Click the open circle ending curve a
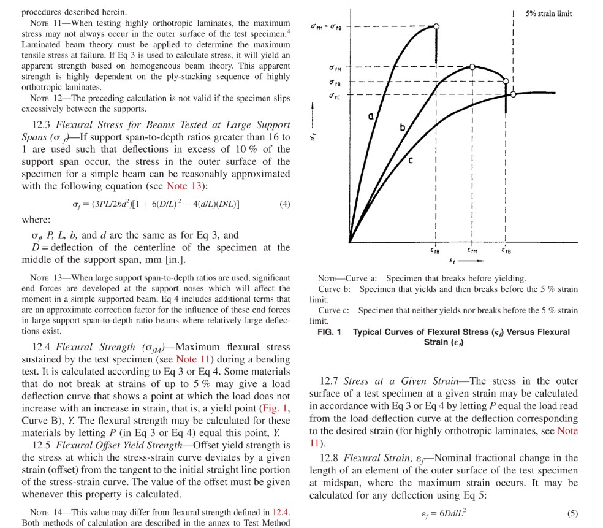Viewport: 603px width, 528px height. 436,26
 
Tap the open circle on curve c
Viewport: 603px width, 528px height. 513,94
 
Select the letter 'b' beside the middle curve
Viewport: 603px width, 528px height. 403,128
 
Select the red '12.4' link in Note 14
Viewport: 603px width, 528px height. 281,512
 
